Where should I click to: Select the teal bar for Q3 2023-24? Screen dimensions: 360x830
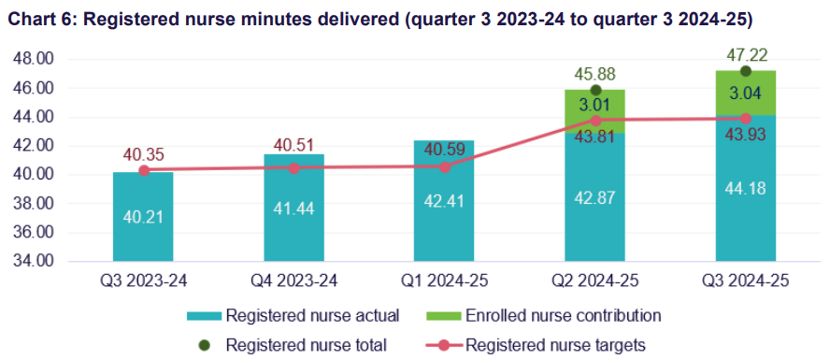143,224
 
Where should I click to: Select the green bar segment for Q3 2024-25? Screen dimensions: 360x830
745,94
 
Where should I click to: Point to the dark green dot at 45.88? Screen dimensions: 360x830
594,90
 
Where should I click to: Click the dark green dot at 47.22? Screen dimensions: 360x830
745,71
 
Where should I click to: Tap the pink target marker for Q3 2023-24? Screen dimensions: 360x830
143,170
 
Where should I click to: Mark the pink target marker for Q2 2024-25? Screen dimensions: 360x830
594,120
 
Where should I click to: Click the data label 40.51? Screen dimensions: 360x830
293,145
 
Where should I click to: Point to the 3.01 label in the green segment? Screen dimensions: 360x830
594,104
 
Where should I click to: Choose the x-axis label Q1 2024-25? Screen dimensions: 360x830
444,281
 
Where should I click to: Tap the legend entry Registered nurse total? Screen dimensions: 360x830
308,345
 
